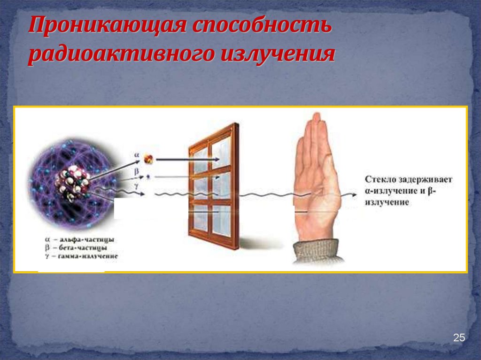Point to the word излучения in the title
[277, 54]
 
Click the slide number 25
[458, 338]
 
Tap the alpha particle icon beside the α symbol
[148, 159]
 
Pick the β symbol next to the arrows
[136, 172]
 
